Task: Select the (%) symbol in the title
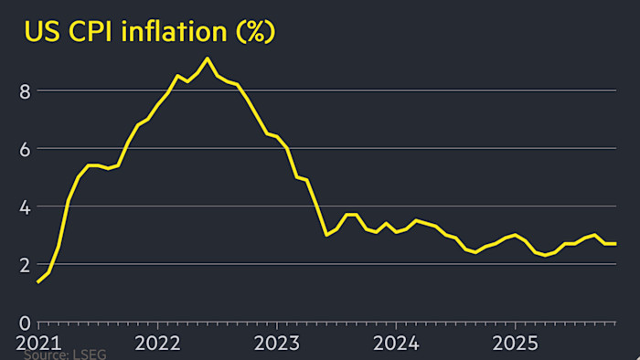coord(255,33)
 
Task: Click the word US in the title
coord(42,33)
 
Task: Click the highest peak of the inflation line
coord(208,58)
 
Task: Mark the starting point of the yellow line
coord(38,282)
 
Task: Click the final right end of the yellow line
coord(615,243)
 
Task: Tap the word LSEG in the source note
coord(89,355)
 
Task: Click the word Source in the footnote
coord(47,355)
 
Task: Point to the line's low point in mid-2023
coord(326,235)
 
